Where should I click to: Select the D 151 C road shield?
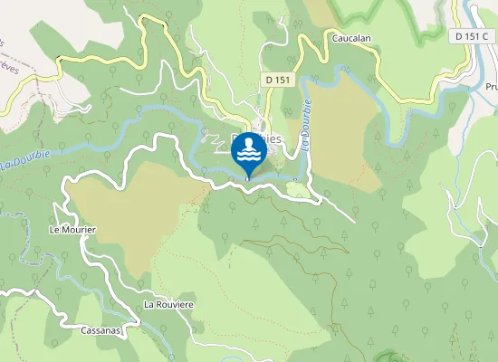[471, 36]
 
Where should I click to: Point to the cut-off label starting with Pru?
[490, 87]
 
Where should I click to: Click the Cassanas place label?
[99, 331]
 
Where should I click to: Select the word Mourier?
[79, 231]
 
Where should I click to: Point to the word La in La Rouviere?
[150, 304]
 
